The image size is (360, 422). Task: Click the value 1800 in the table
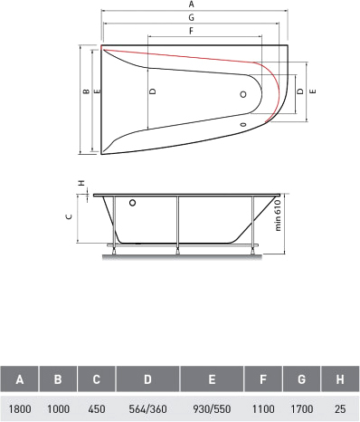20,409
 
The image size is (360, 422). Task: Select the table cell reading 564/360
147,409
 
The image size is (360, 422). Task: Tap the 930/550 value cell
212,409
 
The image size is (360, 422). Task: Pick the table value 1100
263,409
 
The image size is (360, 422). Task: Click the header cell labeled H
340,379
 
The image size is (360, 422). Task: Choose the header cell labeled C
97,379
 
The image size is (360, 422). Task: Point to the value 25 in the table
340,409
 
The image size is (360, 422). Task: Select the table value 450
97,409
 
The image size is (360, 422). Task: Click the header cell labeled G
301,379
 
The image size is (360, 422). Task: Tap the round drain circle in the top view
243,94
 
